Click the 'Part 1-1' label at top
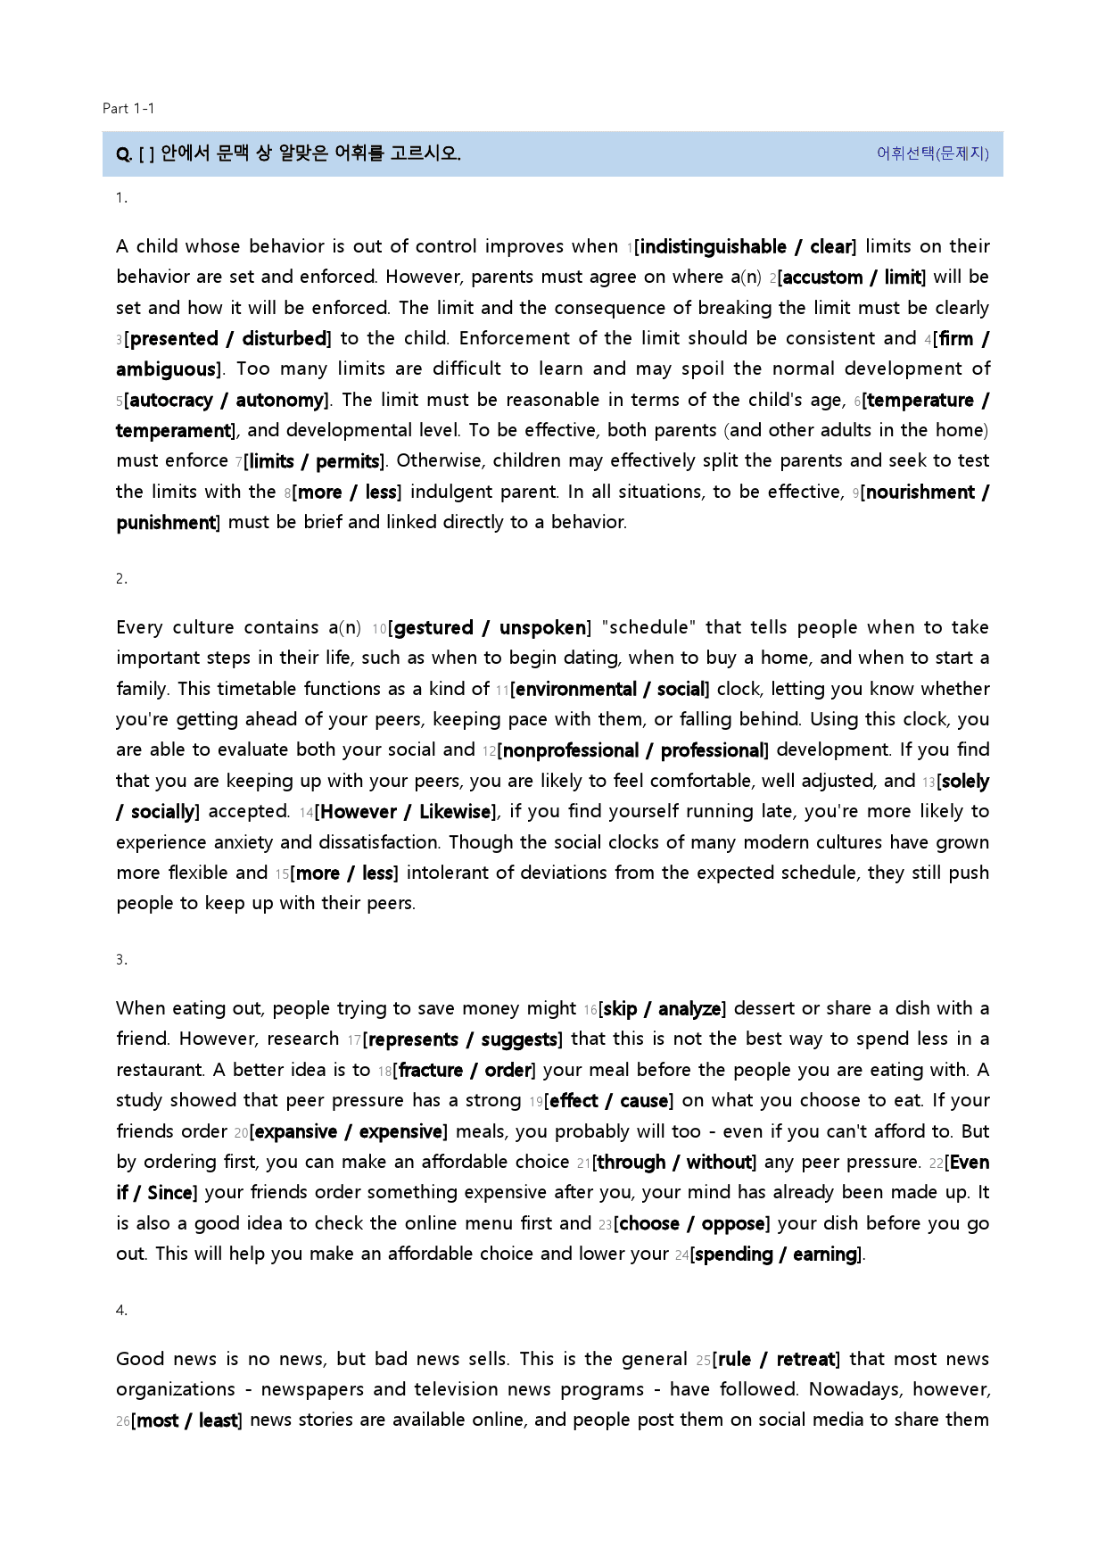[x=128, y=109]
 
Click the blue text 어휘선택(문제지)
[x=932, y=153]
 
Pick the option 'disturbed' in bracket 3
[x=285, y=339]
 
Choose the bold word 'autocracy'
[x=171, y=401]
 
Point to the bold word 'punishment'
[x=167, y=523]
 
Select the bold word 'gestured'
[x=433, y=628]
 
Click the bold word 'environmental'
[x=576, y=690]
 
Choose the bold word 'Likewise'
[x=455, y=812]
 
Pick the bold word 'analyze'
[x=689, y=1009]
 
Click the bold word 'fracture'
[x=431, y=1071]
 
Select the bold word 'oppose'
[x=733, y=1224]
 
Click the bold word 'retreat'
[x=806, y=1360]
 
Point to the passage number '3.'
[x=121, y=960]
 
